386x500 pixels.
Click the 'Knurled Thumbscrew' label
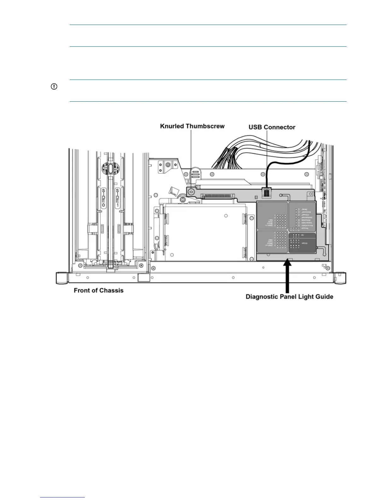point(192,126)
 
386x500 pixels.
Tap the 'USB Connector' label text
point(272,127)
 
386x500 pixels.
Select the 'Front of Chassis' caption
point(98,290)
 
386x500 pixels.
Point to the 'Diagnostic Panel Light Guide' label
point(289,297)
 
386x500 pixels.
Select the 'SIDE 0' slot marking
point(103,198)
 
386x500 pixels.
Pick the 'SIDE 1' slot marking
point(118,198)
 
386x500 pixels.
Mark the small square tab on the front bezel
point(143,278)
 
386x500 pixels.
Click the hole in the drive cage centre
point(226,216)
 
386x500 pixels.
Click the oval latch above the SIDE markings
point(110,168)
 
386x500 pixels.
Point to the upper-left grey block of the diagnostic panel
point(272,215)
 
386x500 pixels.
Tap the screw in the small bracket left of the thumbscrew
point(168,165)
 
